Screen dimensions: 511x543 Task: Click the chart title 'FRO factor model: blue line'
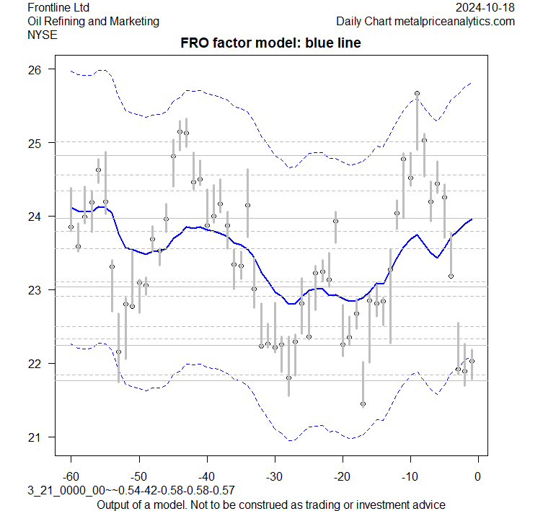pos(270,43)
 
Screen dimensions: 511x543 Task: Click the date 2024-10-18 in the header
pos(486,7)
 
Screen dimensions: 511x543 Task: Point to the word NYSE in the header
pos(41,34)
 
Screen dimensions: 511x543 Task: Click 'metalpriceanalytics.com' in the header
pos(454,21)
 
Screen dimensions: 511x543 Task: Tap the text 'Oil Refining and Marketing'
pos(93,21)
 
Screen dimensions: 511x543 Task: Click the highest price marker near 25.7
pos(417,93)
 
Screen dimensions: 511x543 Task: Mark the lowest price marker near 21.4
pos(363,404)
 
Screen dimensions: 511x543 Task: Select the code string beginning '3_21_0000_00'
pos(121,491)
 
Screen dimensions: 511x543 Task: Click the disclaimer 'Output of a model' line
pos(270,504)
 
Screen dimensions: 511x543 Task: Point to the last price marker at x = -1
pos(472,361)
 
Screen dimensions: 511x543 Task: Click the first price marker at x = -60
pos(71,227)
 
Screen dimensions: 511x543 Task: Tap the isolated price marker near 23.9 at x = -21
pos(335,221)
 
